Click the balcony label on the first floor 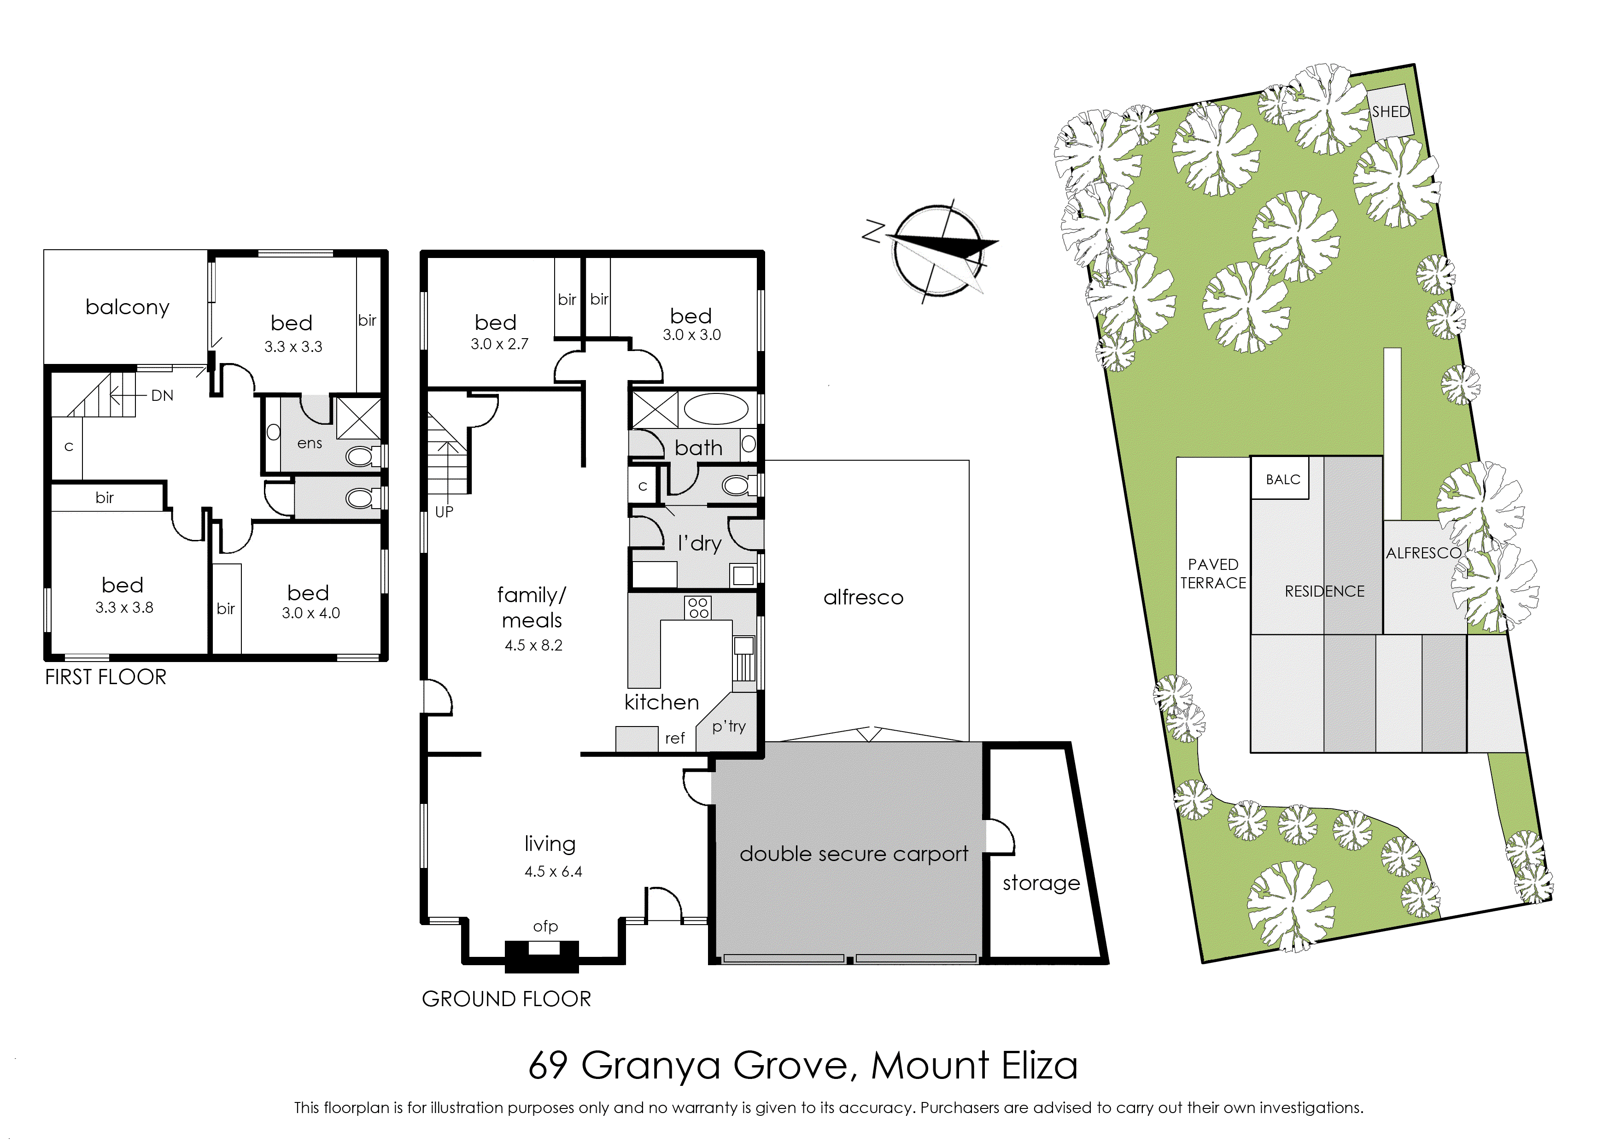[128, 308]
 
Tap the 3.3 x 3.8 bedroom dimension [124, 607]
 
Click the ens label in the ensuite [310, 443]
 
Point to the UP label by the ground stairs [444, 512]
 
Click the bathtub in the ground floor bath [716, 409]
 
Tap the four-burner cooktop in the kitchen [698, 608]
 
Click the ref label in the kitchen [675, 739]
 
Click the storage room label [1042, 883]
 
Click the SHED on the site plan [1391, 112]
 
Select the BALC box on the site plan [1283, 479]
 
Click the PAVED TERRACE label [1213, 574]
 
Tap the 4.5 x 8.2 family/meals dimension [533, 645]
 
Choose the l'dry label [700, 543]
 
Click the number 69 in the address [548, 1066]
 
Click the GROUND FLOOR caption [507, 999]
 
